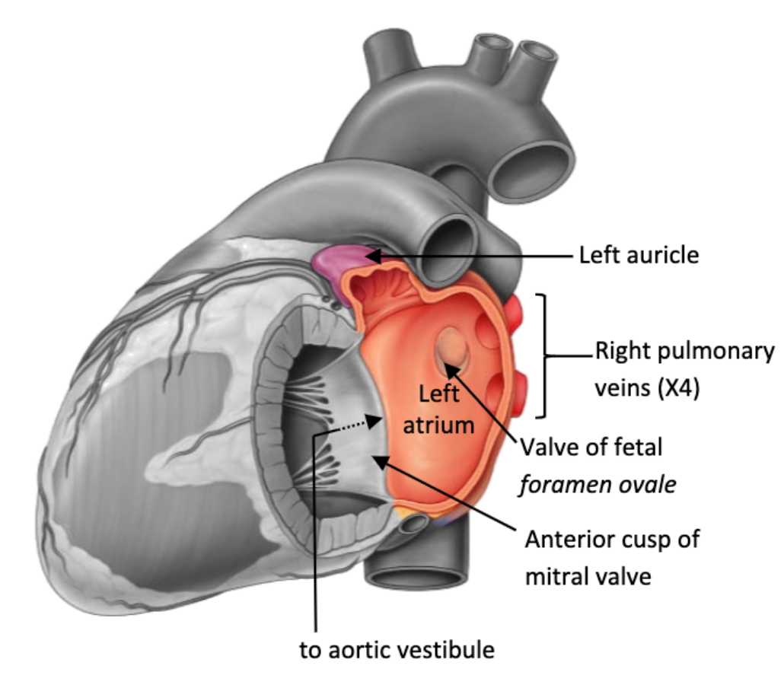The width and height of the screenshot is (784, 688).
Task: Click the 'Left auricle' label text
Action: pyautogui.click(x=639, y=256)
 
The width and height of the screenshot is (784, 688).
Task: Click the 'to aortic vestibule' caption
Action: pyautogui.click(x=397, y=651)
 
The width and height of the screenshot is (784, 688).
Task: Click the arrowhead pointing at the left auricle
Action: pyautogui.click(x=372, y=256)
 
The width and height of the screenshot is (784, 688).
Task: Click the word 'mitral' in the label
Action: pyautogui.click(x=552, y=576)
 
